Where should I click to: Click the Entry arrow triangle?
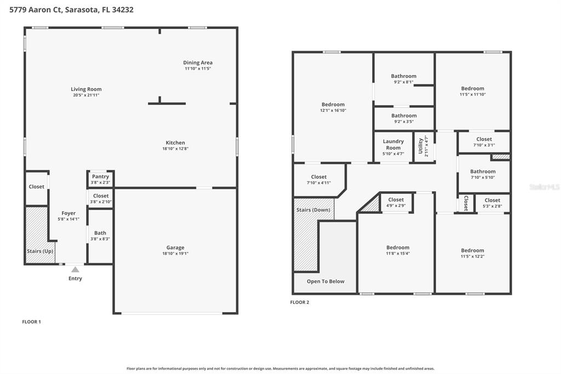coord(75,269)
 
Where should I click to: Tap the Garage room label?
coord(175,247)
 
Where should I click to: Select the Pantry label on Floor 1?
coord(100,177)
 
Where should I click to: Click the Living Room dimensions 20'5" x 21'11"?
coord(86,95)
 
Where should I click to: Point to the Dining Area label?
coord(198,63)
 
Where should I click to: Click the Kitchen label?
coord(175,143)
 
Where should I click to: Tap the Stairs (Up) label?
coord(40,251)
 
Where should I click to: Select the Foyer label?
coord(68,213)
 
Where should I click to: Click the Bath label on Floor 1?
coord(100,233)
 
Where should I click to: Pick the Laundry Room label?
coord(393,144)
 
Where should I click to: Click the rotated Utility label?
coord(420,146)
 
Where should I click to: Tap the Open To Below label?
coord(325,281)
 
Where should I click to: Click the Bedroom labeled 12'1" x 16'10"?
coord(333,104)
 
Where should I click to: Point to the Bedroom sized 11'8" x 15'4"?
coord(397,247)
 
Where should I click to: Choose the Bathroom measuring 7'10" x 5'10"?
coord(483,172)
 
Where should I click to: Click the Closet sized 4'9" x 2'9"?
coord(396,200)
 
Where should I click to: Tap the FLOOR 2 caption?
coord(300,302)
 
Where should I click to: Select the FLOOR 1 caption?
coord(31,322)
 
